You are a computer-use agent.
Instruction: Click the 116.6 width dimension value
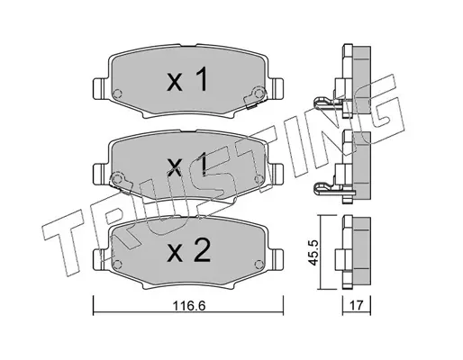[x=189, y=306]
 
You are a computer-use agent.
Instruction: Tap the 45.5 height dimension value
[x=313, y=253]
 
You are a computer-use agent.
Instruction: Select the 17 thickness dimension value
[x=357, y=306]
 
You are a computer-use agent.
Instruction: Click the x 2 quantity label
[x=188, y=251]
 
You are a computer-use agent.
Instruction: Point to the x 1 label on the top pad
[x=187, y=79]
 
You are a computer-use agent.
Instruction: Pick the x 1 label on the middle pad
[x=187, y=165]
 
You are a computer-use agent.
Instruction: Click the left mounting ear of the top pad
[x=100, y=87]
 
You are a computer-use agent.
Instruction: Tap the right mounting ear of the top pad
[x=277, y=87]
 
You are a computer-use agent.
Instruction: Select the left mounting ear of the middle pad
[x=100, y=173]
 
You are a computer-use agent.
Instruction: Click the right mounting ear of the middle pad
[x=277, y=173]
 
